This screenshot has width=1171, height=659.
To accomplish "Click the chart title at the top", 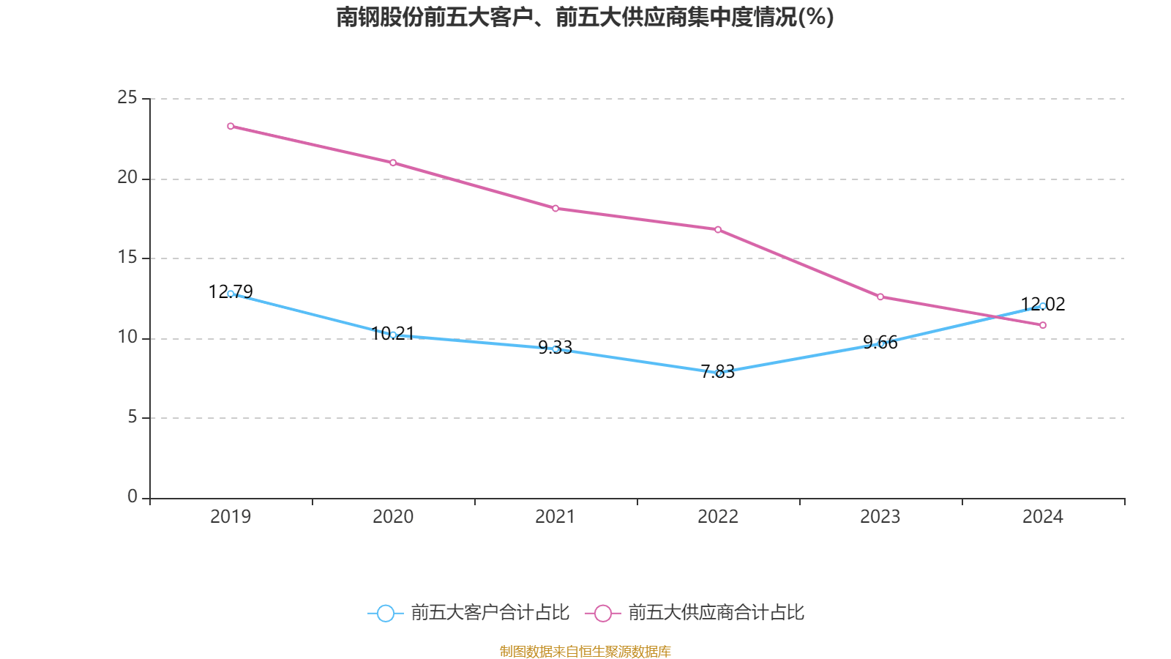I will [x=585, y=17].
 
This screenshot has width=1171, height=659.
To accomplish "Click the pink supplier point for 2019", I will [x=231, y=126].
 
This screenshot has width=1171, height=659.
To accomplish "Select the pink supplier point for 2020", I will [x=393, y=163].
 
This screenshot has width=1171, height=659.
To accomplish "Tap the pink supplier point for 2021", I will [x=555, y=209].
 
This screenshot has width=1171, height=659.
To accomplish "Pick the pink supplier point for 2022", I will [x=718, y=229].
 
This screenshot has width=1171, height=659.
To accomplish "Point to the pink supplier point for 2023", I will [x=880, y=297].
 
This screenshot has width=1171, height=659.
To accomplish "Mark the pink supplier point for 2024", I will [x=1043, y=325].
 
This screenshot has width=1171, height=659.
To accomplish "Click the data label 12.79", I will [x=231, y=291].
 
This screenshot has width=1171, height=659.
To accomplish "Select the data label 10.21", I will [x=393, y=334].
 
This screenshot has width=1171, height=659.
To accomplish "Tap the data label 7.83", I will [x=718, y=371].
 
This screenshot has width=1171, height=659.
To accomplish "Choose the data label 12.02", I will [x=1043, y=304].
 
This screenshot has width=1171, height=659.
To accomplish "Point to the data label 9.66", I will [x=880, y=342].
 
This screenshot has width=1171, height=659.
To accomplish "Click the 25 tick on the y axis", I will [x=127, y=98].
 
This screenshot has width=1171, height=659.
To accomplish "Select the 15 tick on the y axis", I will [x=127, y=258].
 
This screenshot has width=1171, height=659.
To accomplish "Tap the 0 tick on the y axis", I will [x=132, y=497].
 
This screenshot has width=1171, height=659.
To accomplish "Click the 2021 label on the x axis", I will [x=555, y=517].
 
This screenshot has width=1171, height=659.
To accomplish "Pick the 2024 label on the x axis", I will [x=1043, y=517].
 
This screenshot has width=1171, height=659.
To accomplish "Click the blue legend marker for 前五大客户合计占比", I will [x=385, y=613].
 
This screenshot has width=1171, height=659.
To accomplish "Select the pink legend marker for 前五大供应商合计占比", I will [x=602, y=613].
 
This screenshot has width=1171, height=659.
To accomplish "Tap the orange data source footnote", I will [x=585, y=651].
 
